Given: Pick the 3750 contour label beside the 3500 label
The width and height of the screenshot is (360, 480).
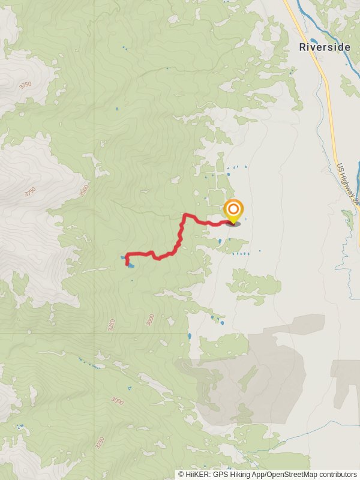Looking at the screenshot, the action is pyautogui.click(x=30, y=193).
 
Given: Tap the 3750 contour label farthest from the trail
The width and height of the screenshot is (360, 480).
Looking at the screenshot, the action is pyautogui.click(x=25, y=86).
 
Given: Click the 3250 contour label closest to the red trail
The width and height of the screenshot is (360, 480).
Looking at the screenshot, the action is pyautogui.click(x=111, y=325).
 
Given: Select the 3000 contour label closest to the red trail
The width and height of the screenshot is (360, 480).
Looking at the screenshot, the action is pyautogui.click(x=150, y=320).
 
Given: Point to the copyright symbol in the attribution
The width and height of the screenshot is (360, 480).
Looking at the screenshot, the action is pyautogui.click(x=181, y=474).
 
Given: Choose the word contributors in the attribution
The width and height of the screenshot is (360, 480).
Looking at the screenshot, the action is pyautogui.click(x=337, y=474).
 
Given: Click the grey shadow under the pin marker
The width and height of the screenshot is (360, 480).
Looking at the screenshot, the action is pyautogui.click(x=233, y=224).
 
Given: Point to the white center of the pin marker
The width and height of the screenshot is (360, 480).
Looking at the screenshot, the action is pyautogui.click(x=233, y=210).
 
